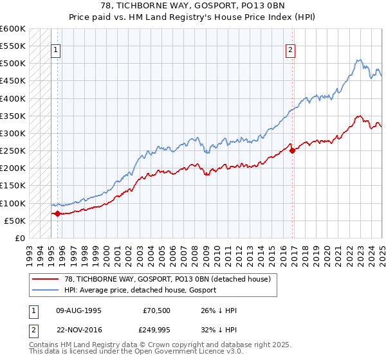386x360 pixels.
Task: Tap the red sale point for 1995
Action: point(57,213)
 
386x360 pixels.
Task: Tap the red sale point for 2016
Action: point(293,151)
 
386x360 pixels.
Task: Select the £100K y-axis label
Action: point(14,203)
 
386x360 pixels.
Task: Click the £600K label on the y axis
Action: point(14,29)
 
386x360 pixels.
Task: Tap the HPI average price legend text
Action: point(140,290)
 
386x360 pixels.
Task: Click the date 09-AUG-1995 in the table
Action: point(78,310)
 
